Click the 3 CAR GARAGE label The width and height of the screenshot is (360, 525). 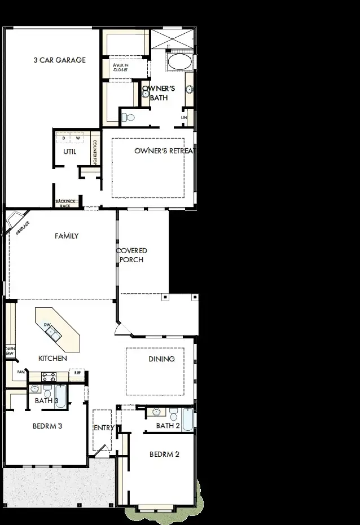[x=59, y=60]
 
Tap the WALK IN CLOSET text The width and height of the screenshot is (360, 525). [x=121, y=68]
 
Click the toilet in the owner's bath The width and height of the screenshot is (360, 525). [x=128, y=117]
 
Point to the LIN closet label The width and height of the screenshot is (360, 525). [x=183, y=117]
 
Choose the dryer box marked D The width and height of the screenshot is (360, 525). [x=64, y=138]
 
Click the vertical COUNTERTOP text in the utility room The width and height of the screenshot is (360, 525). [x=95, y=152]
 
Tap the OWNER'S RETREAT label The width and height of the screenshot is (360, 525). [x=165, y=151]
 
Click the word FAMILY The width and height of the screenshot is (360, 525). [x=67, y=236]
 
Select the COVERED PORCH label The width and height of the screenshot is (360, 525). [x=131, y=255]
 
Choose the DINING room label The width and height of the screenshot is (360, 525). [x=161, y=359]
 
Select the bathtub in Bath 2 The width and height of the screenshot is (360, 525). [x=187, y=418]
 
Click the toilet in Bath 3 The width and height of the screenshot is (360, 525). [x=48, y=390]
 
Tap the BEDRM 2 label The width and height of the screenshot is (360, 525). [x=164, y=455]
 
